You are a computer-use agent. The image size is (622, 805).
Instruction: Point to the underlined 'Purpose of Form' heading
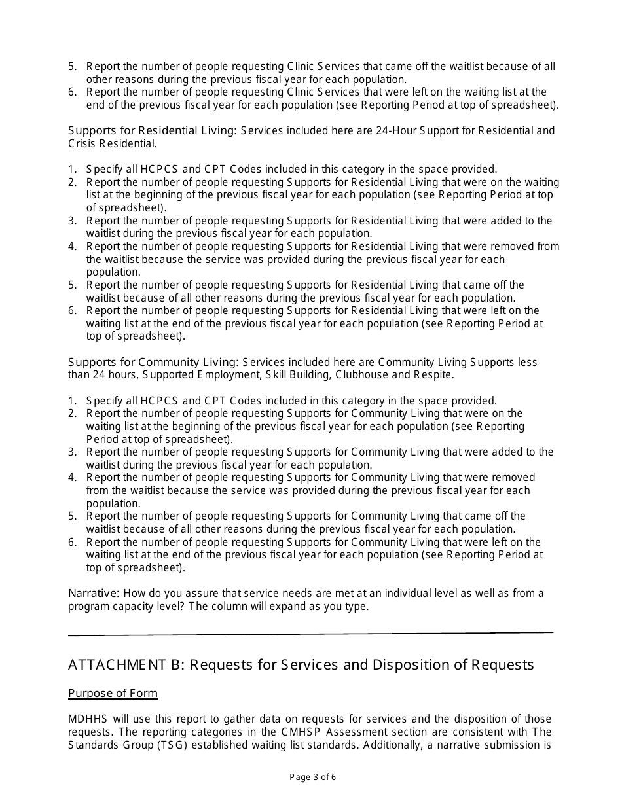point(113,693)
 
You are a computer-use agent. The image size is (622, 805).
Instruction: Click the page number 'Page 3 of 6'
point(312,778)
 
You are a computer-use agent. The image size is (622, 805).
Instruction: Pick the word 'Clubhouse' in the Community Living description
point(362,375)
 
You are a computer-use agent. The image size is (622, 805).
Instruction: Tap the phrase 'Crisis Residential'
point(112,143)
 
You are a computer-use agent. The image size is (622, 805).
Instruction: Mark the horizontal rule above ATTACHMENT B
point(310,633)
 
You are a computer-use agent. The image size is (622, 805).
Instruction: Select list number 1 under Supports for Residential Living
point(72,169)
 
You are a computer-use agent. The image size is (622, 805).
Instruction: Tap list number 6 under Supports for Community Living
point(72,542)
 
